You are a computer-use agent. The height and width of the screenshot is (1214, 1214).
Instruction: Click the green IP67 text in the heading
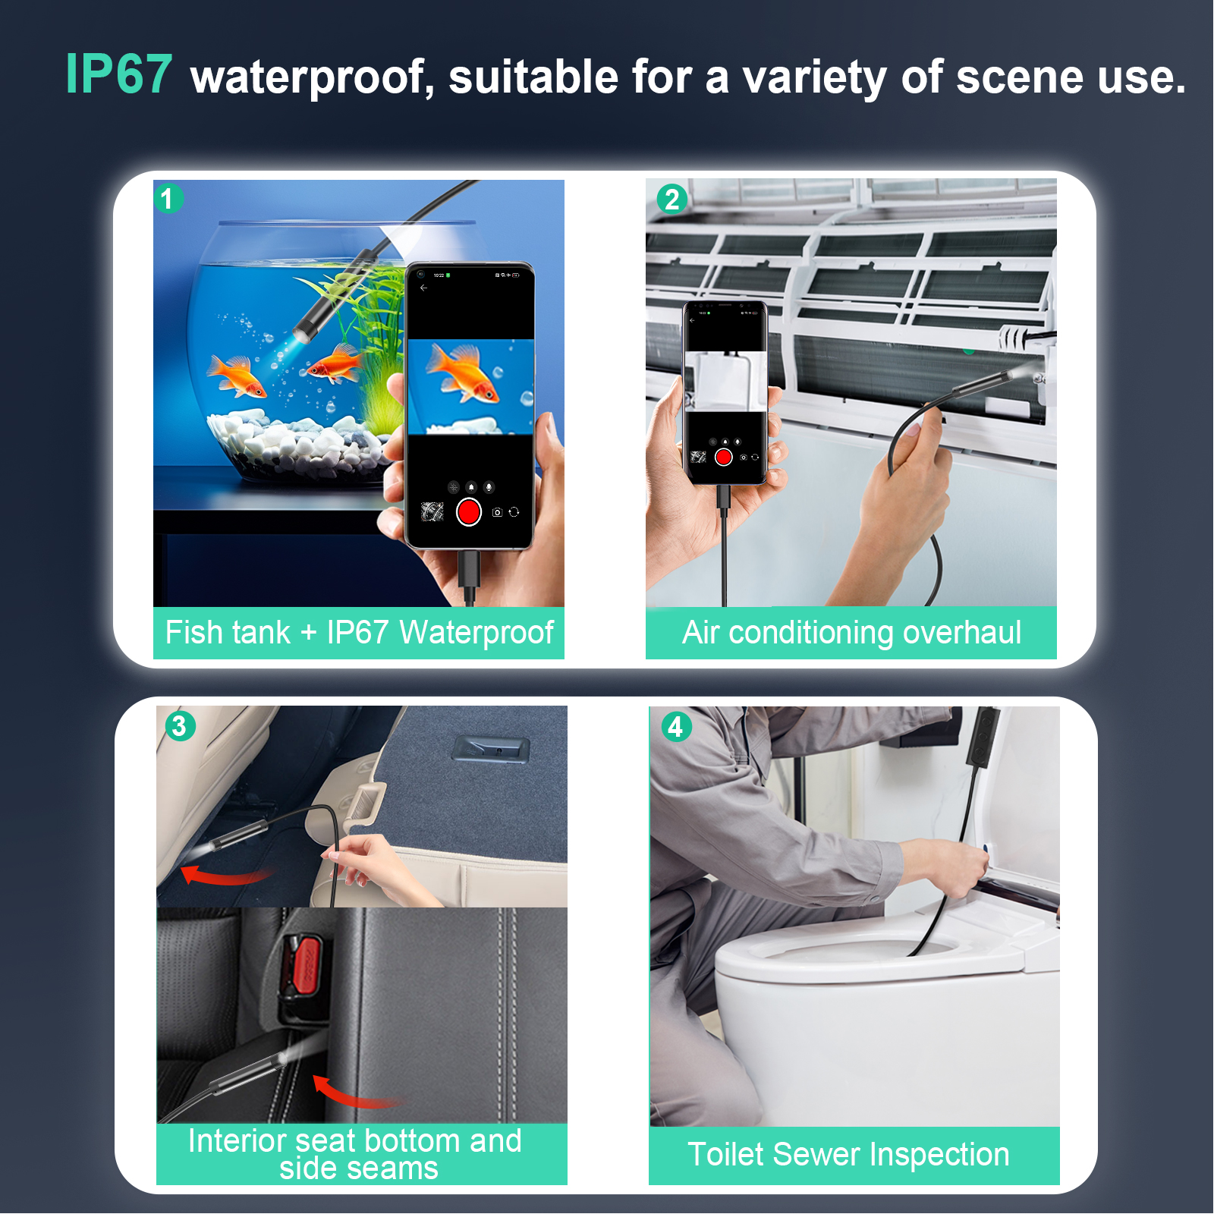click(x=119, y=74)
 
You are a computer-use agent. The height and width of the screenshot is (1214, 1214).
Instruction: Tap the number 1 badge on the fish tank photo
click(x=168, y=199)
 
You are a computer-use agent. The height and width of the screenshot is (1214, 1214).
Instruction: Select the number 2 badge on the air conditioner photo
click(x=671, y=200)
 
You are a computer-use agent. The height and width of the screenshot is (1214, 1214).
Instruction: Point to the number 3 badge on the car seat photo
click(x=180, y=726)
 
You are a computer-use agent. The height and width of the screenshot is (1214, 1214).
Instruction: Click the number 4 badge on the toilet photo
click(x=675, y=727)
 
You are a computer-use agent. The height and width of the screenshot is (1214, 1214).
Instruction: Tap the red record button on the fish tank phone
click(x=469, y=512)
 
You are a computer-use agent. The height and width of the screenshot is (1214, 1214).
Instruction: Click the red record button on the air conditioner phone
click(x=724, y=457)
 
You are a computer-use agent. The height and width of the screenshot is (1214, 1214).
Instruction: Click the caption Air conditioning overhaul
click(x=851, y=633)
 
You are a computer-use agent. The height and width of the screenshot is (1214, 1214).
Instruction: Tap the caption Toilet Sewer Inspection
click(x=848, y=1155)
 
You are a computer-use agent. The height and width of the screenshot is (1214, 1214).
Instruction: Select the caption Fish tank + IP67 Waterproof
click(x=360, y=633)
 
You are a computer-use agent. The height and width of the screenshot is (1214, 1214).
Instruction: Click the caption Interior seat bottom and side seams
click(x=355, y=1154)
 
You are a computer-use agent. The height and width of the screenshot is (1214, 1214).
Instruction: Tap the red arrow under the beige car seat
click(x=225, y=876)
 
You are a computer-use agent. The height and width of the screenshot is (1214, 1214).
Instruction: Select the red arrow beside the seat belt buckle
click(x=353, y=1093)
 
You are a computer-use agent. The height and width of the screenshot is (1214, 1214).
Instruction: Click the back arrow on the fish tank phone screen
click(x=423, y=288)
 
